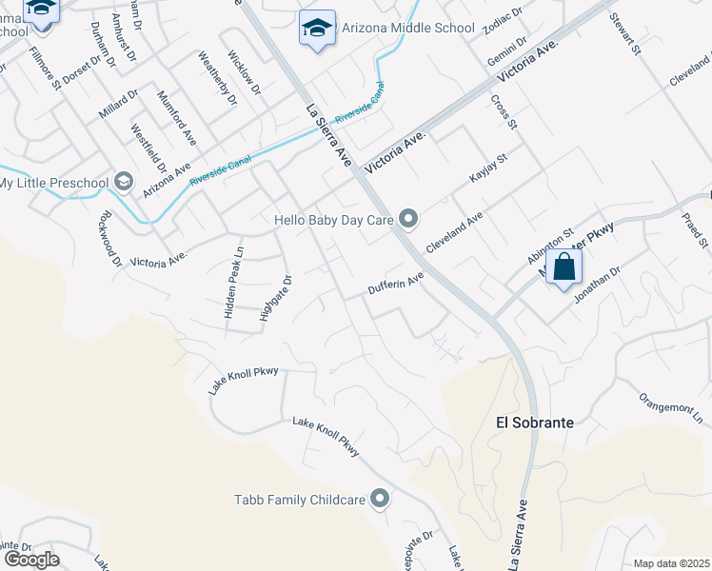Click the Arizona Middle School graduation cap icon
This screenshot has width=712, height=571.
tap(317, 28)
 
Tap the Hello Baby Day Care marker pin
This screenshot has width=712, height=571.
tap(409, 220)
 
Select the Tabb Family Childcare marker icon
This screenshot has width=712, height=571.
tap(380, 498)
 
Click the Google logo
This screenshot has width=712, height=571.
tap(31, 559)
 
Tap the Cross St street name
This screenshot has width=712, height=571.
tap(504, 111)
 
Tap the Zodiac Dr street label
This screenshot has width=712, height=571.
tap(504, 18)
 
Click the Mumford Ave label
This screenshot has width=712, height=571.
tap(176, 118)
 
